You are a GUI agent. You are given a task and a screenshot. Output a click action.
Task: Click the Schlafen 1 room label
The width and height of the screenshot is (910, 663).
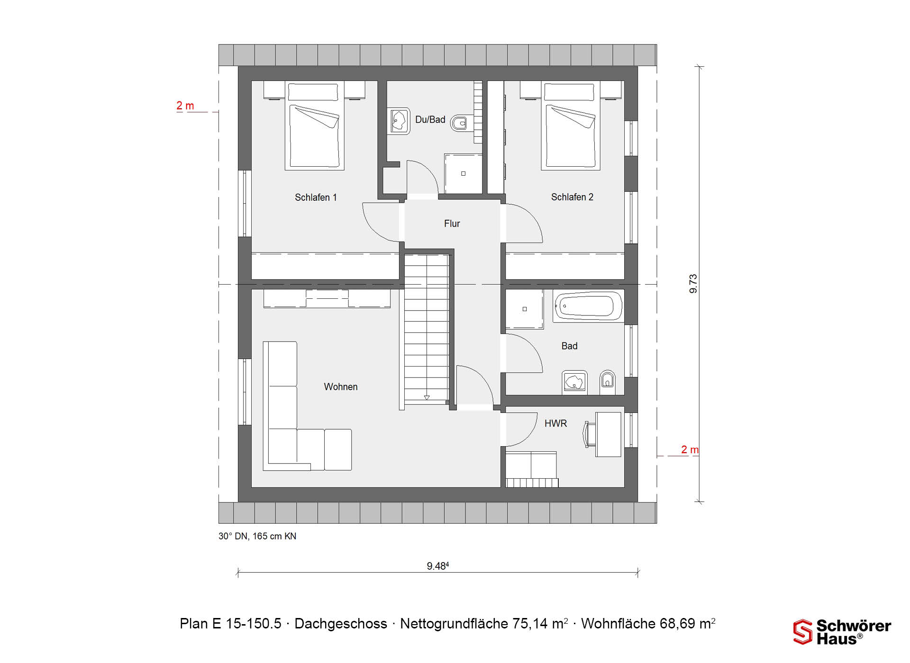316,197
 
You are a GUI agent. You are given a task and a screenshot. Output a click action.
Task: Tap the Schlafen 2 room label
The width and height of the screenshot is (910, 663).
572,197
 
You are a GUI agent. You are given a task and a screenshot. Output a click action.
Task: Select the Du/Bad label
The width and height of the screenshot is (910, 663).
430,120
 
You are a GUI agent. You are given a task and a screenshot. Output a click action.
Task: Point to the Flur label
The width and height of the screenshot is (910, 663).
452,224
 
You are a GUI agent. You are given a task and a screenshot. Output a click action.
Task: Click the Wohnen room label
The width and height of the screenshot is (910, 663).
341,387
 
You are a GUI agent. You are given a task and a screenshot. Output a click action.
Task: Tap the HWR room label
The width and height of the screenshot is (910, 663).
555,423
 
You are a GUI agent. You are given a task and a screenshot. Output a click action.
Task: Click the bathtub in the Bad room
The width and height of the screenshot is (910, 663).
588,306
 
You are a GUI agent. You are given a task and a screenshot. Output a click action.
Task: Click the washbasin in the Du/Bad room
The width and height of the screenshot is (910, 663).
399,121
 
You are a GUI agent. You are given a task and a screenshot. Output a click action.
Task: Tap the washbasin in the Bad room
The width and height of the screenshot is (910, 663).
574,382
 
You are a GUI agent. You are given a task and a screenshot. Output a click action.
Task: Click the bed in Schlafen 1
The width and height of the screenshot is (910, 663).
314,125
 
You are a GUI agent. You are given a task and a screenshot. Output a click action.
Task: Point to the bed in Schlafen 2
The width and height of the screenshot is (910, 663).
571,125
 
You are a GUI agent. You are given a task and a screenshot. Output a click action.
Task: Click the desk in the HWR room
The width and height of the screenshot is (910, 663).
608,434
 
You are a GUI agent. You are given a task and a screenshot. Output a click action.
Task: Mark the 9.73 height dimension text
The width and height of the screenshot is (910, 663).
693,284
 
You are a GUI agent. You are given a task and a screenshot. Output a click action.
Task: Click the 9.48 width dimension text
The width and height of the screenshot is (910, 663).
438,566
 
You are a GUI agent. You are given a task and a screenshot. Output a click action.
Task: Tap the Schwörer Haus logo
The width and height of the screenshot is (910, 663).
842,632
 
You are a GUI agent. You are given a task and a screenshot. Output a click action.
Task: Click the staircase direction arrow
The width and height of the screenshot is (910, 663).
427,398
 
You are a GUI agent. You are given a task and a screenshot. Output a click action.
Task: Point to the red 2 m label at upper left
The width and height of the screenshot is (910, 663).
185,106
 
